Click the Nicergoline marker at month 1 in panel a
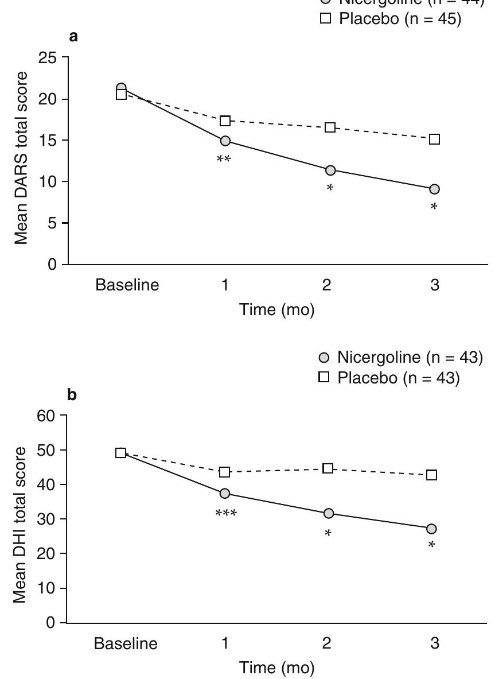tap(225, 141)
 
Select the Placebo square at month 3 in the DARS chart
tap(434, 139)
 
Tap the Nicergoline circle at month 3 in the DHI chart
tap(431, 529)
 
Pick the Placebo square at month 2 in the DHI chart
tap(328, 468)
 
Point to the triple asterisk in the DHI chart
tap(225, 513)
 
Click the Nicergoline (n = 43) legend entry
tap(400, 358)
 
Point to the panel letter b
tap(72, 397)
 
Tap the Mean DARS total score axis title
tap(22, 158)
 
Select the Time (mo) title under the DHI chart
tap(278, 668)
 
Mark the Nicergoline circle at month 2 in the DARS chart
tap(330, 170)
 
